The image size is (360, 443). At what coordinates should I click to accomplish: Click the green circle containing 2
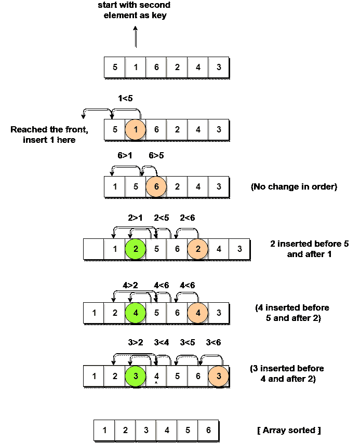[136, 249]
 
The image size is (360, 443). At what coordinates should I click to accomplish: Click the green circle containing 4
[136, 313]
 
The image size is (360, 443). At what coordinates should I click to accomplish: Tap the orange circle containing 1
[135, 129]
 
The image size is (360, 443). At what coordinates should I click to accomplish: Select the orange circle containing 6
[156, 186]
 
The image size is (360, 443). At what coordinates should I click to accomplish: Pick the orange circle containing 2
[198, 249]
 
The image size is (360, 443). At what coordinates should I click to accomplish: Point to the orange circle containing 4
[198, 313]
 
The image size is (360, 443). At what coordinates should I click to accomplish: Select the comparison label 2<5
[162, 219]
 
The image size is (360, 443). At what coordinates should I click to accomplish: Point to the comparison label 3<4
[162, 342]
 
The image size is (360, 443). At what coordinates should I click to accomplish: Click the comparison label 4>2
[131, 285]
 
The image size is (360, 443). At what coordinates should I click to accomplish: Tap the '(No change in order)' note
[294, 186]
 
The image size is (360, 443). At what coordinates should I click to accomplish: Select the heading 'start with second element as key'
[135, 10]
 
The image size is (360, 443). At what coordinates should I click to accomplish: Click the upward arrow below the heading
[135, 37]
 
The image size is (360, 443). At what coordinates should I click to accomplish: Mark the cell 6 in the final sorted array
[208, 431]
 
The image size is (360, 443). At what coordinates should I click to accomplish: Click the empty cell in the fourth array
[94, 250]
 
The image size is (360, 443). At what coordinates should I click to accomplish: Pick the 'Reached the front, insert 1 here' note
[49, 135]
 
